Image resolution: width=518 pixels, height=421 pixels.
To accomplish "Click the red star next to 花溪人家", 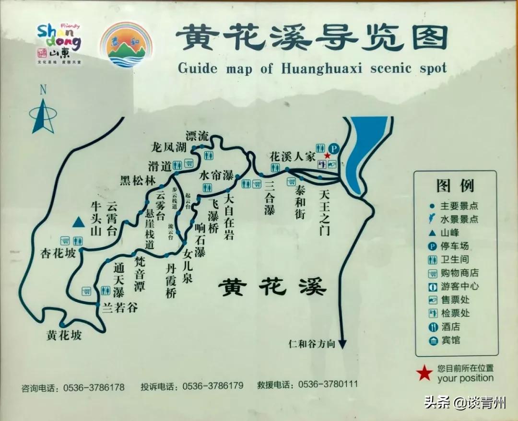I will click(328, 156).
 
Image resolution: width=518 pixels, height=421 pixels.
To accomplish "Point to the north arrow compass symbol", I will click(43, 112).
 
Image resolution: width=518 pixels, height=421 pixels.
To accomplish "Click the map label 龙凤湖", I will click(168, 147).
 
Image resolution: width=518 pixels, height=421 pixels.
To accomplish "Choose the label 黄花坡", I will click(64, 335).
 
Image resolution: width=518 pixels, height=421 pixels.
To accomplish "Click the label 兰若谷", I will click(120, 307).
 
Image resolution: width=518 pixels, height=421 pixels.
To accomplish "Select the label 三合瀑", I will click(270, 198).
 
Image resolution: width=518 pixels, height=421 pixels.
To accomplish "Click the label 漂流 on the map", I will click(197, 136).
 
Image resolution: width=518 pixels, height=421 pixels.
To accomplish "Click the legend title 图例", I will click(455, 186).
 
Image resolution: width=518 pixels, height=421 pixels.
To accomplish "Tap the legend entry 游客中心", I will click(459, 287).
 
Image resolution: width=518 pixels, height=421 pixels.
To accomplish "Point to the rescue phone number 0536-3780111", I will click(328, 385).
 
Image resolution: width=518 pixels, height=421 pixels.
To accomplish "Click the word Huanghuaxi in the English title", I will click(321, 68).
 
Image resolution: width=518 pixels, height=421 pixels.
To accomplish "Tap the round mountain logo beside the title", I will click(126, 44).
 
